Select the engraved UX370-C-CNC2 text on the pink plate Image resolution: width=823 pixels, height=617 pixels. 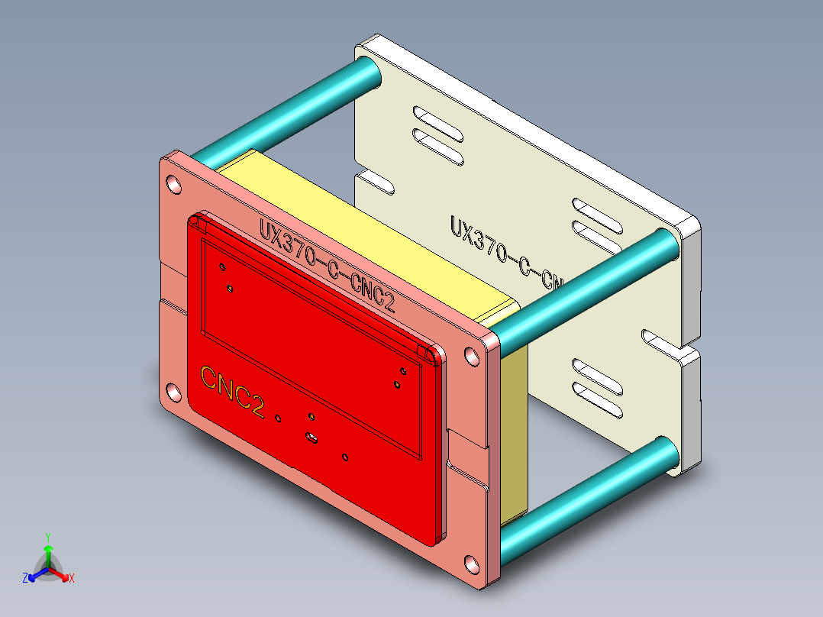(327, 263)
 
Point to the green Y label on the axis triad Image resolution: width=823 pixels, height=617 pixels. (48, 537)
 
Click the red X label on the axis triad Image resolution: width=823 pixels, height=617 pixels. (71, 578)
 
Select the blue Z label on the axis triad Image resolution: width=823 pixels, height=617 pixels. (25, 578)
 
